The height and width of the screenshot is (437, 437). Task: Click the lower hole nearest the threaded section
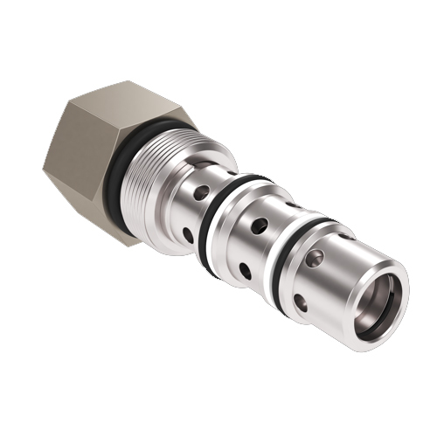(188, 234)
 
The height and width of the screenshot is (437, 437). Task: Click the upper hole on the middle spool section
(259, 225)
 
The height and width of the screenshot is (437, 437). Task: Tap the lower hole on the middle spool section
(245, 271)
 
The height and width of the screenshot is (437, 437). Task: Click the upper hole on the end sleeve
(316, 258)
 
